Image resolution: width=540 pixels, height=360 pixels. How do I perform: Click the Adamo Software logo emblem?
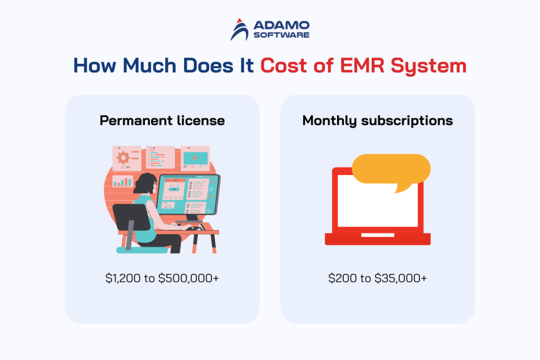240,30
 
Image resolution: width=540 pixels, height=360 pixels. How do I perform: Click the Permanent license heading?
162,121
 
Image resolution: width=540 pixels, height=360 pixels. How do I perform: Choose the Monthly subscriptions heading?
378,121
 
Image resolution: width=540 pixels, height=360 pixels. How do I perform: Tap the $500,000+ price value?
189,278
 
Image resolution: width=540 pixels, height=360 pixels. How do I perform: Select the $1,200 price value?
122,278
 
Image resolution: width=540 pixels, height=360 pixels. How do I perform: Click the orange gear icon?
123,157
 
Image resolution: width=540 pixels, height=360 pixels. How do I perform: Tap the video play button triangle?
195,157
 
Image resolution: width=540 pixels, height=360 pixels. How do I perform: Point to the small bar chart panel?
123,181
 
